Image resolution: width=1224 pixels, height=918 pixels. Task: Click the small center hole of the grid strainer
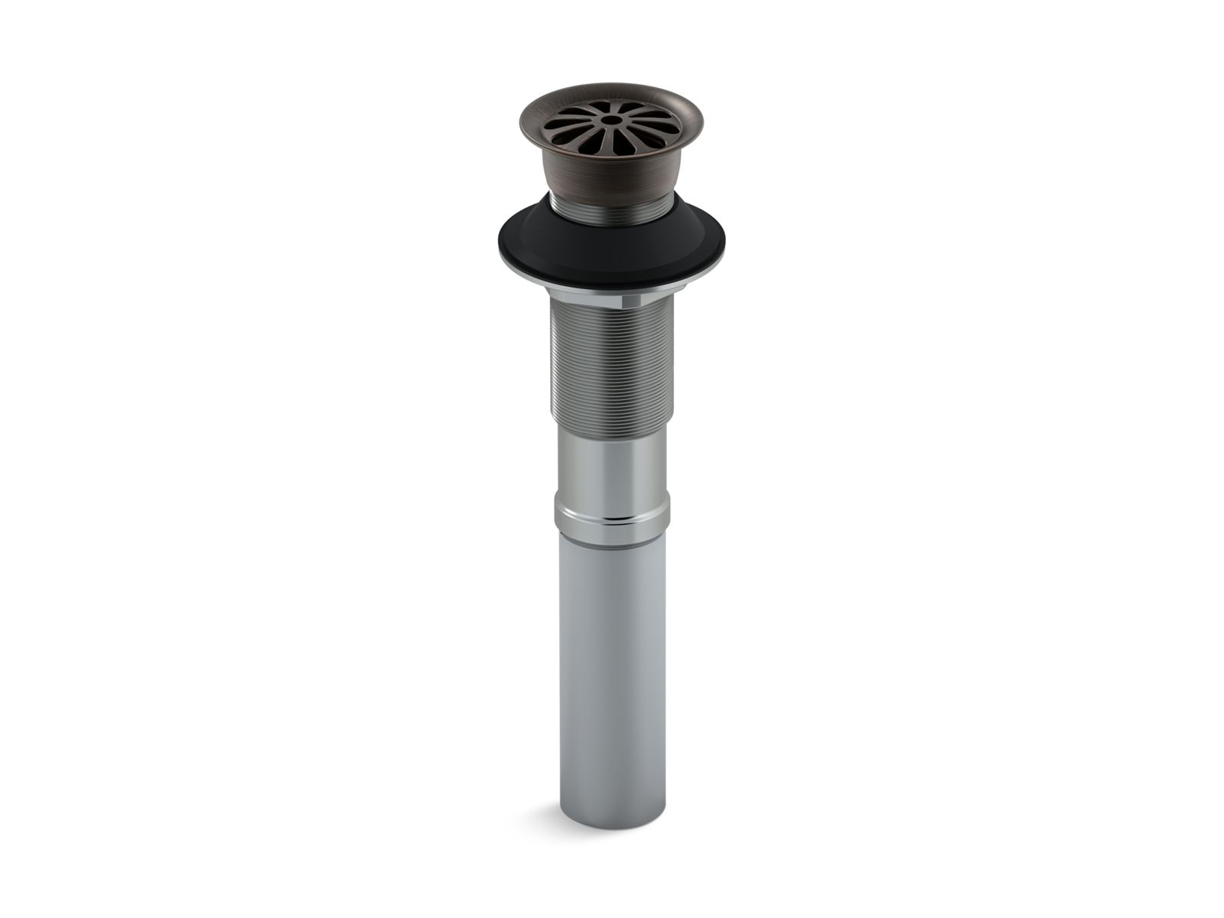point(611,120)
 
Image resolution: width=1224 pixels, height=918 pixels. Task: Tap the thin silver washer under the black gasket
point(612,284)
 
